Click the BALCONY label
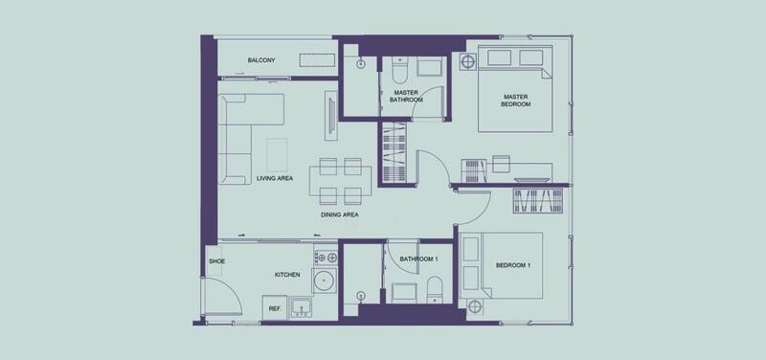tap(261, 60)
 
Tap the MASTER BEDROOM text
tap(516, 101)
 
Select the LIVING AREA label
tap(275, 178)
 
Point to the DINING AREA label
tap(340, 214)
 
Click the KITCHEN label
tap(287, 275)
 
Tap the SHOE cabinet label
tap(217, 261)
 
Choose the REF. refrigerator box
tap(275, 307)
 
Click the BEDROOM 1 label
tap(513, 265)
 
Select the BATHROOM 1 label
tap(418, 259)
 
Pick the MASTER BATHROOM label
tap(406, 96)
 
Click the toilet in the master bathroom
tap(399, 71)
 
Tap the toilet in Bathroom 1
tap(435, 290)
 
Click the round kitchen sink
tap(325, 281)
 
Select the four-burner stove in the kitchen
tap(326, 257)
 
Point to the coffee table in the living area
tap(277, 155)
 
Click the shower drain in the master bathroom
tap(362, 63)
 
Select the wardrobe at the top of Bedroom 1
tap(538, 200)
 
